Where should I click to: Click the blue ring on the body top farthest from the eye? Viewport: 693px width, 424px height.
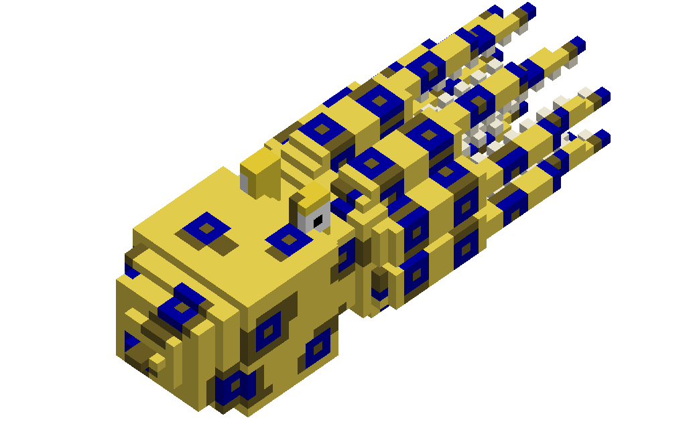[206, 228]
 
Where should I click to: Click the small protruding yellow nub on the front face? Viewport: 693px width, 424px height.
[157, 362]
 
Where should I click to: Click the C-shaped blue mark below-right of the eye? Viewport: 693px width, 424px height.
[346, 257]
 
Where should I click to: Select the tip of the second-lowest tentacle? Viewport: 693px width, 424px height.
[601, 96]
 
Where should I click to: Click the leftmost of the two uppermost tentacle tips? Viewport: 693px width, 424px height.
[495, 11]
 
